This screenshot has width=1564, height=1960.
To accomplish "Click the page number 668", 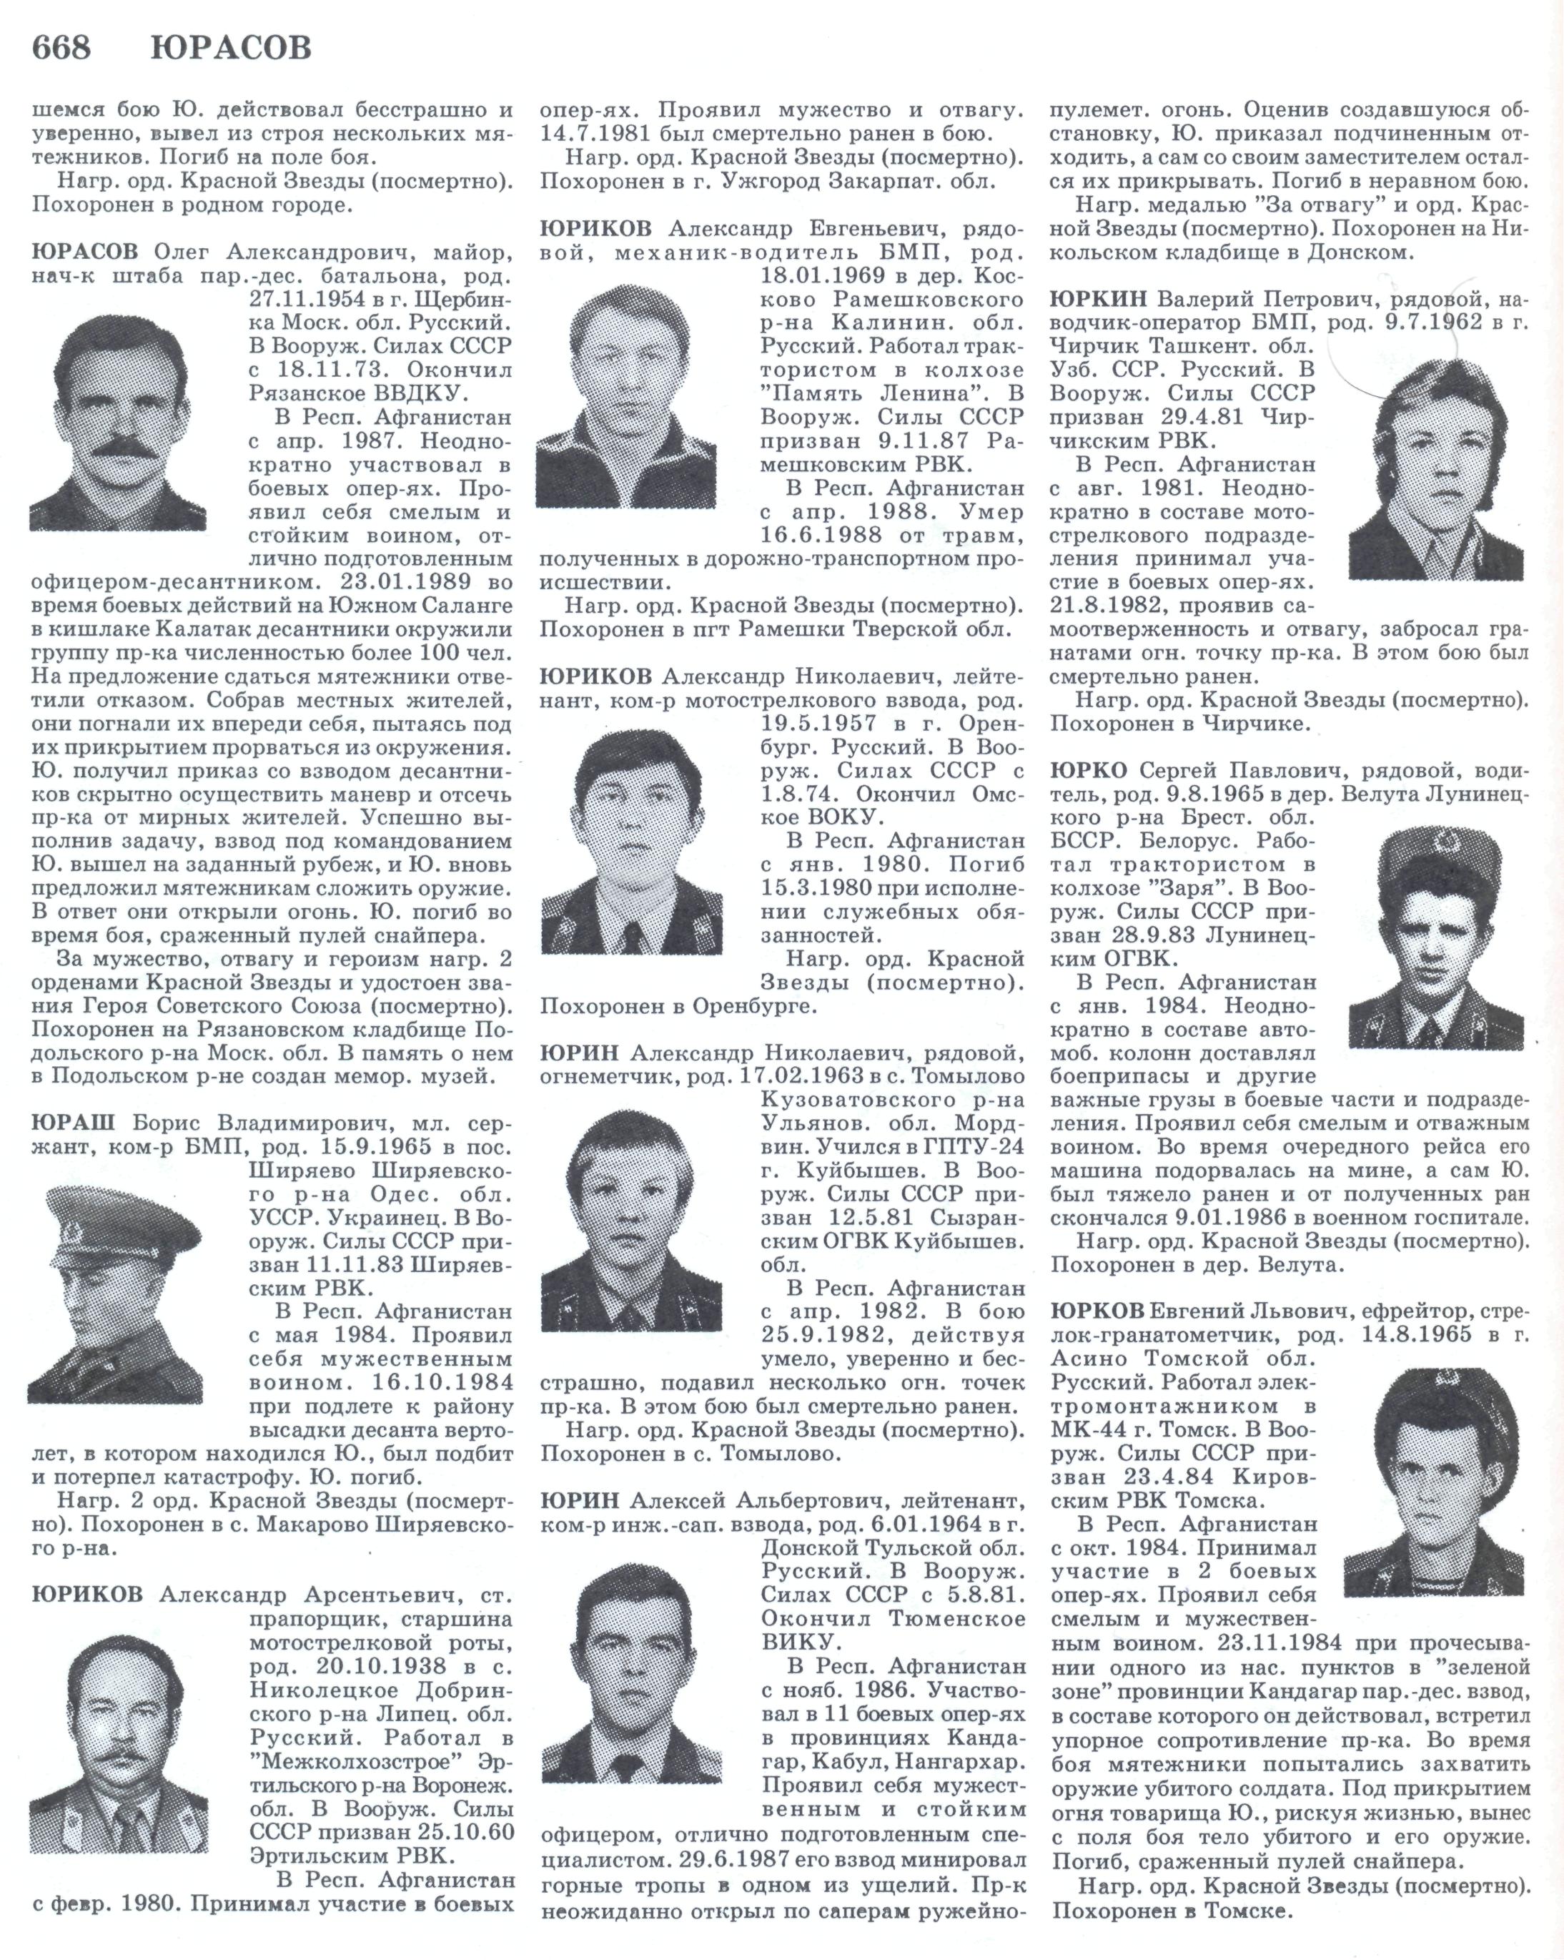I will tap(61, 46).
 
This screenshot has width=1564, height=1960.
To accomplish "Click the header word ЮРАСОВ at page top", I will tap(230, 47).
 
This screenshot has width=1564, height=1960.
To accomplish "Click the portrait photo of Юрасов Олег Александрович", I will tap(118, 422).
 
